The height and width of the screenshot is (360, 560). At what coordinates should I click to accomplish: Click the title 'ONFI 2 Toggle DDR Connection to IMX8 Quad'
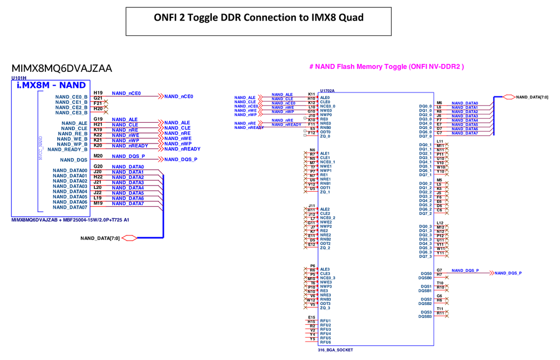coord(258,18)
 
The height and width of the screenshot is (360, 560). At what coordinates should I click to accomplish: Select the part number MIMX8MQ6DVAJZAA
coord(62,68)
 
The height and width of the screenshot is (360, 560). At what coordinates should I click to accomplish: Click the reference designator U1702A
coord(327,90)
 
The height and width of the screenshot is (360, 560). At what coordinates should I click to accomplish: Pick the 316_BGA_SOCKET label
coord(335,350)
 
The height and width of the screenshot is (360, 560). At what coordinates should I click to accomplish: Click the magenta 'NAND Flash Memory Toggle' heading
coord(387,67)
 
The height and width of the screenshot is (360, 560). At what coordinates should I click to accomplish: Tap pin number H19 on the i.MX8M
coord(98,93)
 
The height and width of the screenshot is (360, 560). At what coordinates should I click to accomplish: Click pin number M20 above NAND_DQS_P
coord(98,156)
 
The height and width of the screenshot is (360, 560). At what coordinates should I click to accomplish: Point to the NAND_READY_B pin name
coord(68,150)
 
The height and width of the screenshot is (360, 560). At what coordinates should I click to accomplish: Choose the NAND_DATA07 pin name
coord(70,207)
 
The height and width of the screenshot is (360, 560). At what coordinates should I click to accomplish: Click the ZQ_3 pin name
coord(326,308)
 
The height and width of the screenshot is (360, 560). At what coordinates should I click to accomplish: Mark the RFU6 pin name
coord(326,342)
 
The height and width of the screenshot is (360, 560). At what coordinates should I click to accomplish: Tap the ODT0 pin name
coord(325,132)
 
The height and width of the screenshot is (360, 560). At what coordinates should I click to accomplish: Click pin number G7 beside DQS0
coord(439,270)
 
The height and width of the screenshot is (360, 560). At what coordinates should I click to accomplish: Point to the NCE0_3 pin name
coord(328,278)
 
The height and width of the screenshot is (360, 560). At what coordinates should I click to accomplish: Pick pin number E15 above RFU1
coord(312,317)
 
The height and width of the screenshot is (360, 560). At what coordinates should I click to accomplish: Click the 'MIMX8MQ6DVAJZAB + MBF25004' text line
coord(70,220)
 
